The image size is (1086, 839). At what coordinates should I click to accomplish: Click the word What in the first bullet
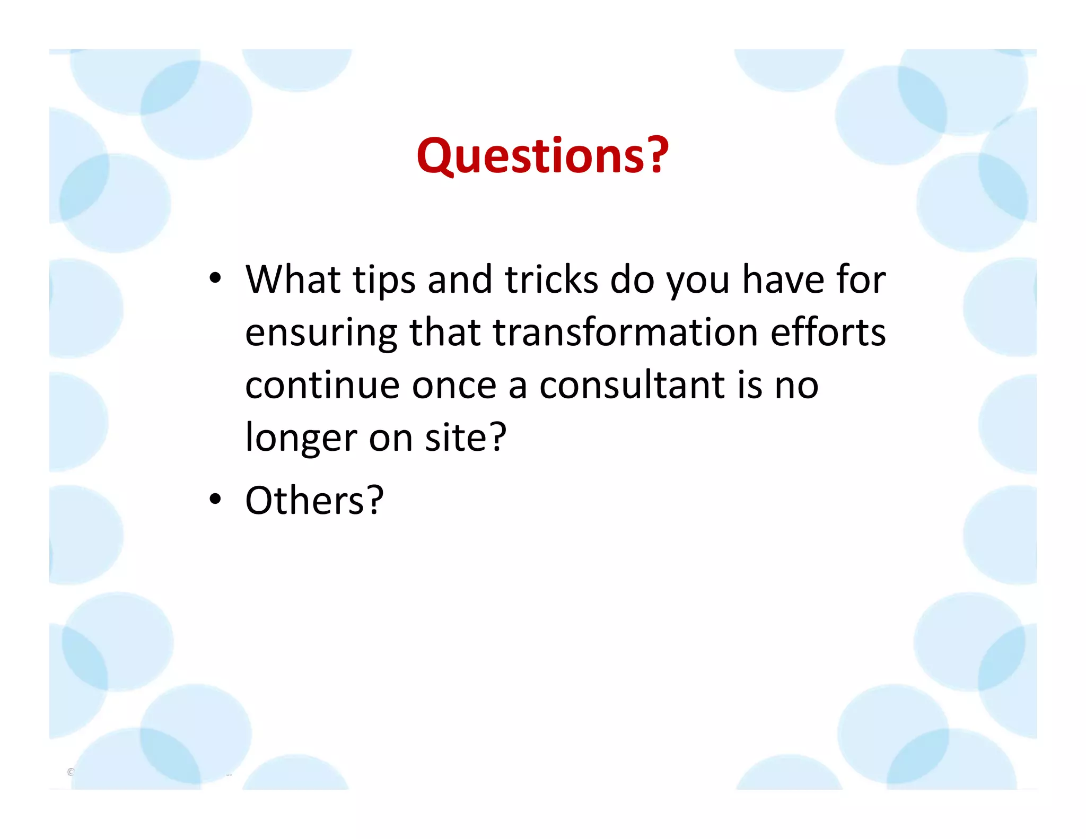pos(293,279)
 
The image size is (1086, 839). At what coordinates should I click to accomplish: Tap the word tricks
pos(551,279)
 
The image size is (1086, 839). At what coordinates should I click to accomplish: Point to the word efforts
pos(828,333)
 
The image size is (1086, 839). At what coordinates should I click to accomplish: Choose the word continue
pos(322,385)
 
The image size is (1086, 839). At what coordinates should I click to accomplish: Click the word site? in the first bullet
pos(466,438)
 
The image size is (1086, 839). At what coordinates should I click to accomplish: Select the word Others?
pos(314,500)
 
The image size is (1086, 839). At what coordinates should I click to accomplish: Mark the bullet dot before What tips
pos(215,278)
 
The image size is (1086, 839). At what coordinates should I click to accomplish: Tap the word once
pos(454,385)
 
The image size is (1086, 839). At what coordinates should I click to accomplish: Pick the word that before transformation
pos(445,333)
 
